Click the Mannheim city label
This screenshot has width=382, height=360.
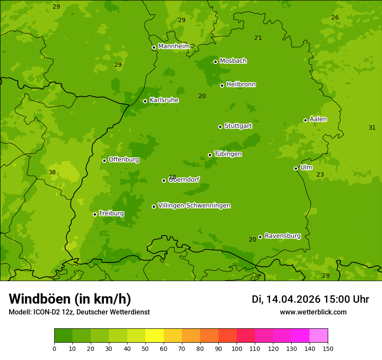pos(174,46)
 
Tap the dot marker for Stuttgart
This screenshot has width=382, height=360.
pos(220,127)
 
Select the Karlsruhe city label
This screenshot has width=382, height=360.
pos(164,100)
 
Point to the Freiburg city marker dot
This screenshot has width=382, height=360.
pos(95,214)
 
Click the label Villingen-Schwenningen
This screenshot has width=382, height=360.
pos(194,206)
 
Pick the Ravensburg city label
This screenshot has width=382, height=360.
pos(282,236)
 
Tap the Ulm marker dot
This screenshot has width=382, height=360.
pos(296,168)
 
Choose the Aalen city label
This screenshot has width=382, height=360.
pos(318,119)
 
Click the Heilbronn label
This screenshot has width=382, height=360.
pos(240,85)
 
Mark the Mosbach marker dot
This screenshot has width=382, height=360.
pos(215,62)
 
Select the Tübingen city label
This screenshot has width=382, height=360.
pos(227,154)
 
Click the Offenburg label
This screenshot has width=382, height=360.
pos(123,160)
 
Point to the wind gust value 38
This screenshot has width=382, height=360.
pos(52,172)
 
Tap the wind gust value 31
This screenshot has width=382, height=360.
pos(372,128)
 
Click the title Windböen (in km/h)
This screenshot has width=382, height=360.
pos(70,299)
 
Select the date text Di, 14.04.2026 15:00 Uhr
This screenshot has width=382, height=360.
pos(310,299)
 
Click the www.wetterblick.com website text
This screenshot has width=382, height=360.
pos(313,312)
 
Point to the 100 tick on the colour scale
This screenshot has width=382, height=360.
pos(237,349)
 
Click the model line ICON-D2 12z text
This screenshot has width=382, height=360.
pos(79,312)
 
